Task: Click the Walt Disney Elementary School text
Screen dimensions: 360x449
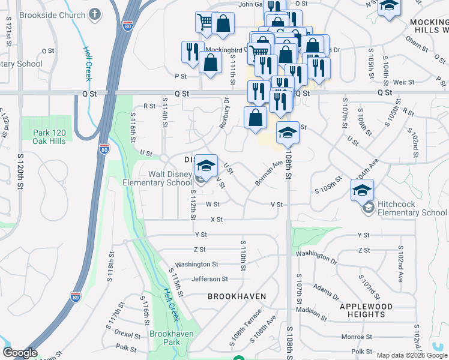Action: coord(157,179)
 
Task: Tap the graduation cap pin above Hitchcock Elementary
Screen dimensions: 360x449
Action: coord(362,191)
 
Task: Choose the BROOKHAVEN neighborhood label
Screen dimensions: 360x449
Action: coord(237,296)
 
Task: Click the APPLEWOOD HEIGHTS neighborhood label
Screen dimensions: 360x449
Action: coord(366,310)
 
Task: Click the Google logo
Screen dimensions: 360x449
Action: coord(20,353)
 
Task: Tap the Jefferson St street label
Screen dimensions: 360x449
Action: coord(209,279)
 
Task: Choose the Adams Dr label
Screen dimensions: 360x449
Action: coord(326,292)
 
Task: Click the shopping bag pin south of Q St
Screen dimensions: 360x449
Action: coord(255,118)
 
